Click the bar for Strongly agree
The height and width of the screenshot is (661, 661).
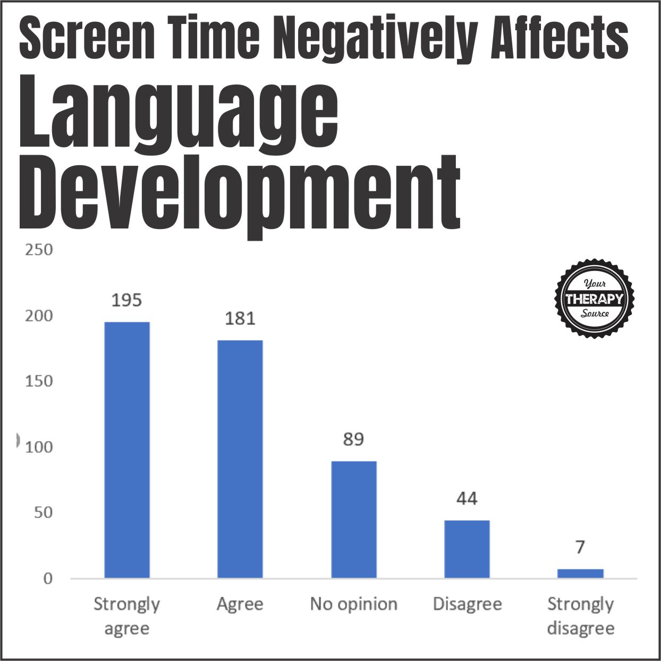click(126, 450)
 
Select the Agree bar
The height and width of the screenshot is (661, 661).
click(240, 459)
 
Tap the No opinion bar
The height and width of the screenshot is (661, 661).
click(353, 519)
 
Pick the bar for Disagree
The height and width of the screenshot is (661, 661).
click(467, 549)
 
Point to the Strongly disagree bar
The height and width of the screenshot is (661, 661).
click(580, 573)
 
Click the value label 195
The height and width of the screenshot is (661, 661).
click(126, 300)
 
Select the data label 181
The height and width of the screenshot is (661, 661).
click(240, 319)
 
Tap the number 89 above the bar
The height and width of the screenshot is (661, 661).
click(353, 439)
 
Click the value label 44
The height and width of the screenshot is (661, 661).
click(467, 498)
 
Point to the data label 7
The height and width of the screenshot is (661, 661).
click(580, 547)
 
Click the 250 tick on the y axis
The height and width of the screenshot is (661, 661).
click(39, 250)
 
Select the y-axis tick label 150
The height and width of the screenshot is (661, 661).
click(39, 381)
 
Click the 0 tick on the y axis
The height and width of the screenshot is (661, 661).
click(48, 579)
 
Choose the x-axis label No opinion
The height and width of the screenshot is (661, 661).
click(353, 604)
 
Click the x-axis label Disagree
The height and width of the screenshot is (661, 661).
click(467, 604)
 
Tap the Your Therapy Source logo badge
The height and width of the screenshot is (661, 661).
click(594, 299)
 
